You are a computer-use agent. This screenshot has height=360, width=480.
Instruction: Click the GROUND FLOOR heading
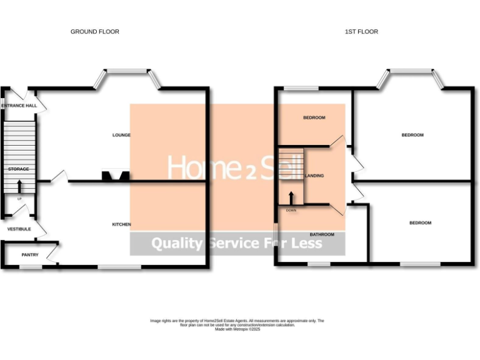click(95, 31)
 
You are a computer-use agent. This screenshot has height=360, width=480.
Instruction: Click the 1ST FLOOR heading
click(361, 31)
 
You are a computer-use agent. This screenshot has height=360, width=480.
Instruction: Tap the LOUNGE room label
click(121, 135)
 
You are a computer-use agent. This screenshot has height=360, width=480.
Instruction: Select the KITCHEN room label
click(121, 224)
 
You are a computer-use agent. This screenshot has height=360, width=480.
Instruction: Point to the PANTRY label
click(29, 254)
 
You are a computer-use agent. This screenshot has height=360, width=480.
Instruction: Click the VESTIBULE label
click(19, 229)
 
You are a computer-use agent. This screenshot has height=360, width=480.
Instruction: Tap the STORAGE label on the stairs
click(18, 169)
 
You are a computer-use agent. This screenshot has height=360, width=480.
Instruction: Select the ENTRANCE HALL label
click(19, 106)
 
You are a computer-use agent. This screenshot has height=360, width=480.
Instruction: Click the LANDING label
click(314, 176)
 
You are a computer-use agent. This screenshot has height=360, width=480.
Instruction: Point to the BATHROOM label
click(321, 234)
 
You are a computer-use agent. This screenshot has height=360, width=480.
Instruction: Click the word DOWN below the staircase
click(291, 211)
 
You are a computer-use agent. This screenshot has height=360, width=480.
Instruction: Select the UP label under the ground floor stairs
click(19, 199)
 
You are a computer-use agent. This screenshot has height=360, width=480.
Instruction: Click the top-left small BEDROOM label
click(314, 117)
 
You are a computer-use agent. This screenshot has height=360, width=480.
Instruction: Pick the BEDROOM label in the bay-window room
click(412, 135)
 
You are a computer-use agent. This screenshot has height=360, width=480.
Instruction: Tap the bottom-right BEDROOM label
click(420, 222)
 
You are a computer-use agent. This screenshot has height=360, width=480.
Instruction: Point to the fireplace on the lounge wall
click(114, 177)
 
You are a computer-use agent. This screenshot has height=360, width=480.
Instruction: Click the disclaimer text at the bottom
click(237, 324)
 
